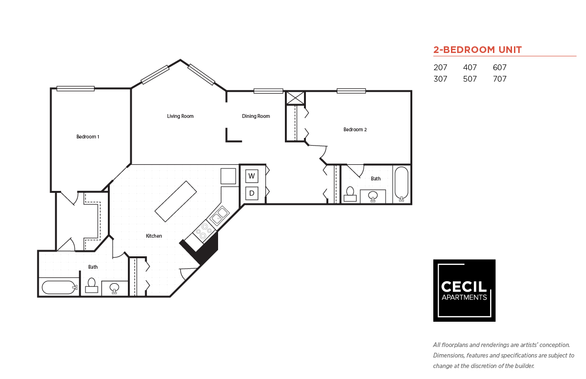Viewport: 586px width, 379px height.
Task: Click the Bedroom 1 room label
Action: pos(88,137)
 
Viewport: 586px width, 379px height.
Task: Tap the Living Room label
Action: pos(180,116)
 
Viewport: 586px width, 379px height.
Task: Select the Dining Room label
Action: pos(256,116)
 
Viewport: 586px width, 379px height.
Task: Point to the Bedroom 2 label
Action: pos(355,129)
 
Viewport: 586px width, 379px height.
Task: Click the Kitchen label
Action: pos(154,236)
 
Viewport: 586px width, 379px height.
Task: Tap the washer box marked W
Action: pos(252,176)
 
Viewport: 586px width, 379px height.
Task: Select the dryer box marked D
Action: pos(252,193)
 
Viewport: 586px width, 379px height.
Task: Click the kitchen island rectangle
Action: pos(176,201)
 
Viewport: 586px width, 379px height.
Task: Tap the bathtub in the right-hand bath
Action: pos(402,183)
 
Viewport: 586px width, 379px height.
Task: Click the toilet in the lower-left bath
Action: pos(92,285)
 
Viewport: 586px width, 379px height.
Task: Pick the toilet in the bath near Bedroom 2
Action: pos(350,194)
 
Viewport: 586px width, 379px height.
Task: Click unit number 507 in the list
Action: pos(470,79)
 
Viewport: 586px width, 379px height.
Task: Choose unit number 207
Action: pos(440,68)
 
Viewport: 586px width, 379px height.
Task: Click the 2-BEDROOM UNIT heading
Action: pos(477,50)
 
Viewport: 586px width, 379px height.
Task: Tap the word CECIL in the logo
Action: pos(464,286)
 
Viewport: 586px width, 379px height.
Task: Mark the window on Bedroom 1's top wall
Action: pos(75,88)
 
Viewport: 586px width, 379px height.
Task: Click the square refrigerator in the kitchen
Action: pos(228,176)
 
